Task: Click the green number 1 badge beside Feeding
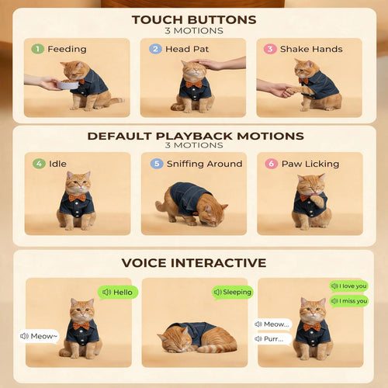click(37, 49)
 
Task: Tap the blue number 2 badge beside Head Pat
click(155, 49)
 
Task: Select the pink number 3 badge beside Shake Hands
click(270, 49)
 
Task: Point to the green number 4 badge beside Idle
click(39, 164)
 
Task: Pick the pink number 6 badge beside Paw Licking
click(272, 164)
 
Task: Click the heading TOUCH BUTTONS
click(194, 20)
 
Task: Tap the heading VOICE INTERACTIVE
click(194, 263)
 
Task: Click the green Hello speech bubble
click(118, 293)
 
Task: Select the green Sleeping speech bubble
click(233, 293)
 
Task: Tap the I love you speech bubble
click(348, 286)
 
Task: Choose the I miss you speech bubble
click(349, 301)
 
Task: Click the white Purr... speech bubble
click(272, 339)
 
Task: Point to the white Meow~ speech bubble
click(39, 336)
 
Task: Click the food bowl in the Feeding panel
click(68, 85)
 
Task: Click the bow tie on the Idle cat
click(77, 198)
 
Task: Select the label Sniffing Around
click(205, 164)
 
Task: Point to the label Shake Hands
click(311, 49)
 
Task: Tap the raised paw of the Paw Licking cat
click(317, 201)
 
